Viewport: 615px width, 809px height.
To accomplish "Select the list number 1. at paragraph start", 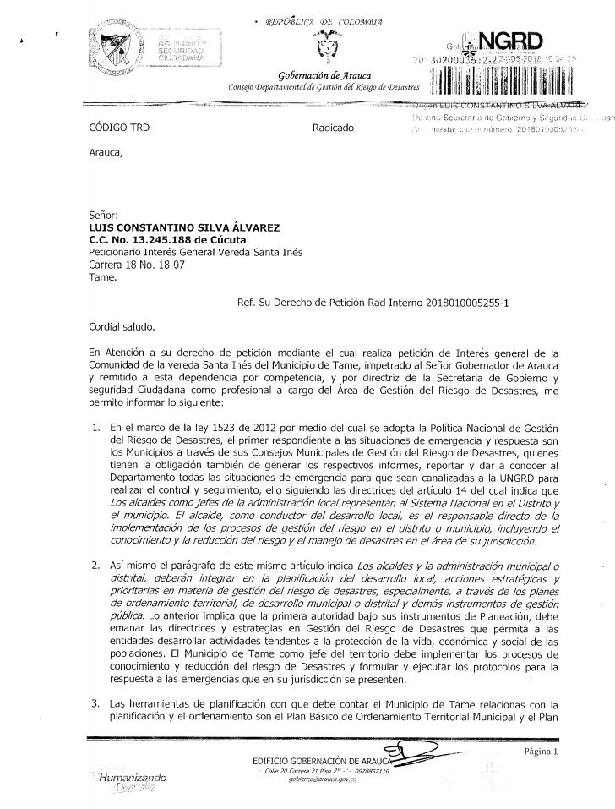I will coord(95,430).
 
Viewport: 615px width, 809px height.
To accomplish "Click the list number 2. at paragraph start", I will coord(95,565).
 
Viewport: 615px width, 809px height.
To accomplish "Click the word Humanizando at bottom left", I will coord(133,777).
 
